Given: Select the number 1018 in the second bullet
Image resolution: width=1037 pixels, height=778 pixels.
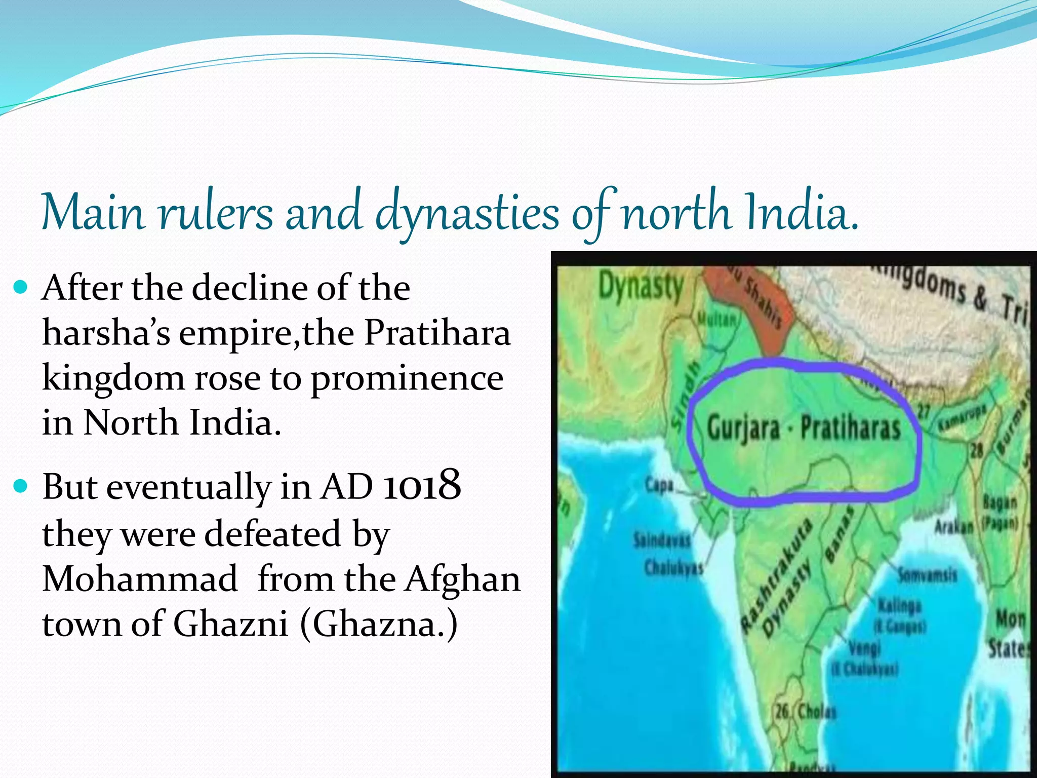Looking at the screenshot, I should (x=422, y=485).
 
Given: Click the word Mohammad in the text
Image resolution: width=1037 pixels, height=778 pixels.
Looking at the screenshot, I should (x=140, y=578).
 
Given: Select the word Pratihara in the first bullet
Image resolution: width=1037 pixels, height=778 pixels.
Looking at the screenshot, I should (x=437, y=333).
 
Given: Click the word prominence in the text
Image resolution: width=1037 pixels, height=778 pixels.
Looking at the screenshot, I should (x=407, y=379).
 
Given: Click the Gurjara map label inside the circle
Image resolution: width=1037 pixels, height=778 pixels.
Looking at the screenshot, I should (x=743, y=428).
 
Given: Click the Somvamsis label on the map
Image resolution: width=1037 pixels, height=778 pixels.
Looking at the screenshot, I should (x=927, y=575).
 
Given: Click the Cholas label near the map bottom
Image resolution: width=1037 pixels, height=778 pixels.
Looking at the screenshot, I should (x=816, y=712).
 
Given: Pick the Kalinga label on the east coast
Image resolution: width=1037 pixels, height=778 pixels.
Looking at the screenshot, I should (x=900, y=606).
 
